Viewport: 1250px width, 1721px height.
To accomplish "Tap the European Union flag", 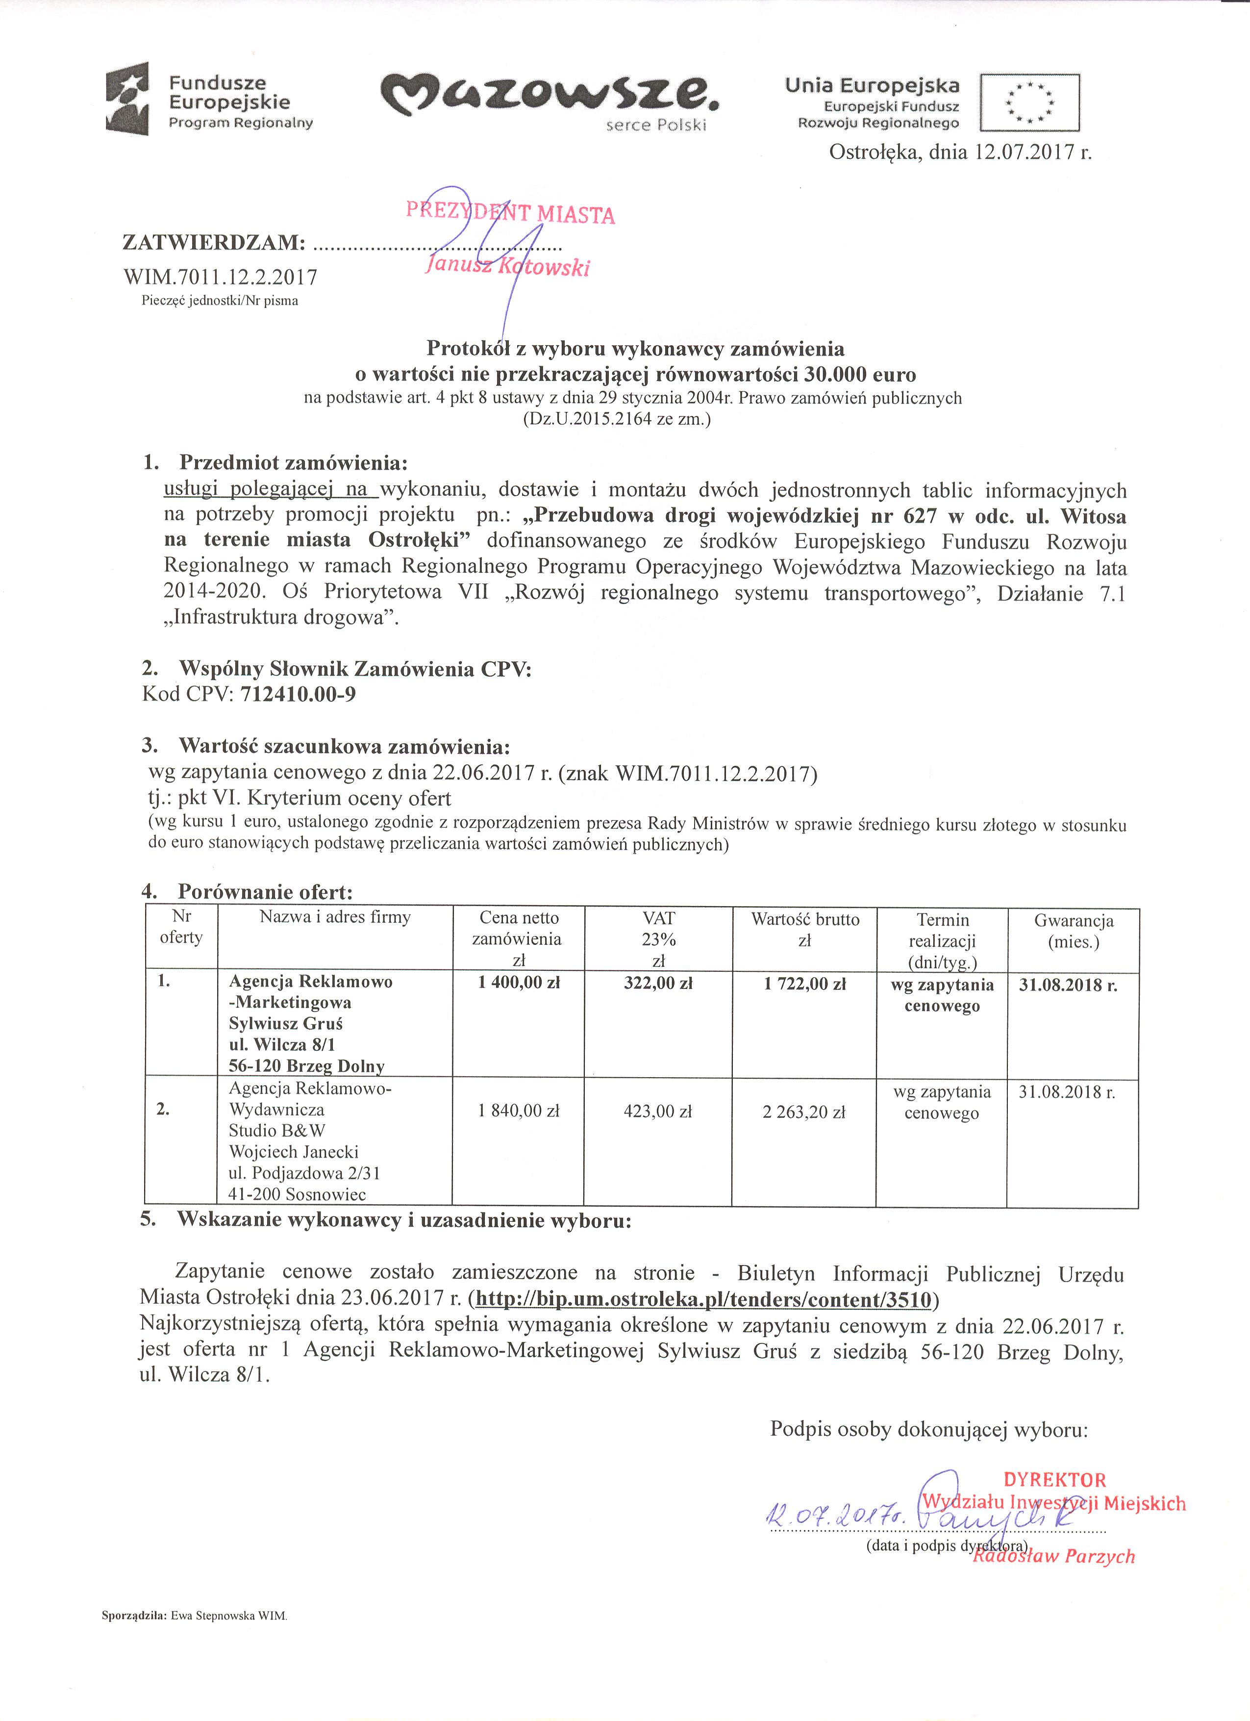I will [x=1029, y=102].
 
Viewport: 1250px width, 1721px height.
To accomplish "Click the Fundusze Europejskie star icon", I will [x=127, y=98].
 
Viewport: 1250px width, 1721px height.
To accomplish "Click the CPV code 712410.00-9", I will [x=298, y=694].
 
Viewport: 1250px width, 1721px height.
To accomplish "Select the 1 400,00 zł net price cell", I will [x=519, y=983].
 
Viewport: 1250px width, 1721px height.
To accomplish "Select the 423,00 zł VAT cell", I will [x=658, y=1112].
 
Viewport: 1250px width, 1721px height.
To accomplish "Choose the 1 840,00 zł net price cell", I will [x=519, y=1111].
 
